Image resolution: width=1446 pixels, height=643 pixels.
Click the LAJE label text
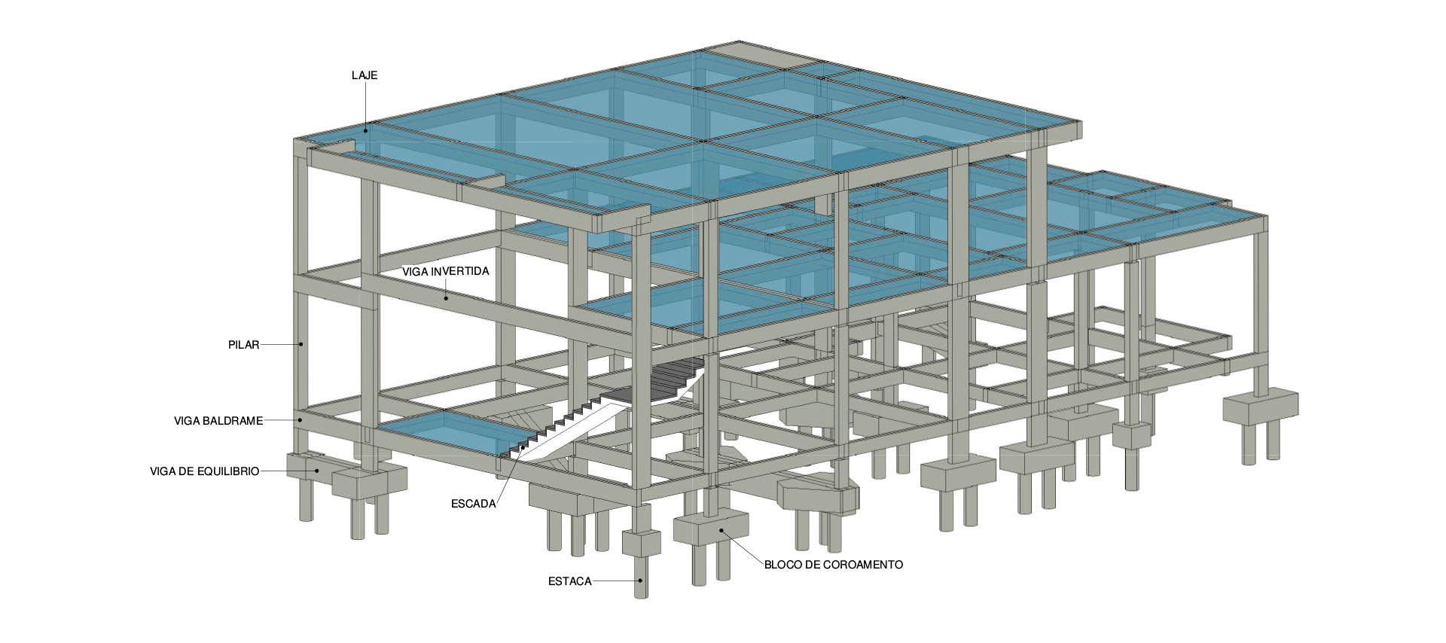[365, 76]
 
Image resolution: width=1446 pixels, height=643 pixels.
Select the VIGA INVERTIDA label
[446, 272]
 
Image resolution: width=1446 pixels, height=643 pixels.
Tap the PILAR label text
[243, 345]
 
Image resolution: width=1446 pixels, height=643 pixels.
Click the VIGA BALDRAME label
[218, 420]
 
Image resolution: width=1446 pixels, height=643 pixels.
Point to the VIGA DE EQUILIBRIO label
[205, 471]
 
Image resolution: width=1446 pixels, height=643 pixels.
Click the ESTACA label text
[570, 581]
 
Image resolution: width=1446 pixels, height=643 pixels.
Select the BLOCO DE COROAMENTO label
[833, 564]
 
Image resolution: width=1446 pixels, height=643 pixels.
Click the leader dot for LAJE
[366, 131]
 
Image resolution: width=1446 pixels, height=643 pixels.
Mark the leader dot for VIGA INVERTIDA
[446, 298]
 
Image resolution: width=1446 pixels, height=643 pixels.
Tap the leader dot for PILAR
[300, 345]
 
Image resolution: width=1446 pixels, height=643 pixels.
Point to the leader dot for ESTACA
[640, 581]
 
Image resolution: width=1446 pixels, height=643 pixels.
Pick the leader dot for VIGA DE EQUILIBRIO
[317, 471]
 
